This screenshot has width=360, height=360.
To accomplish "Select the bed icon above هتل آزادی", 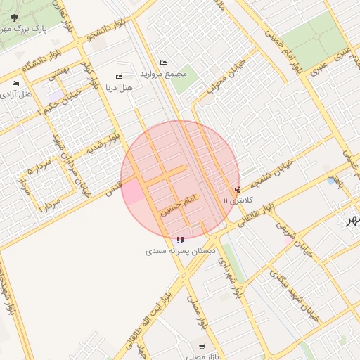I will pyautogui.click(x=16, y=84).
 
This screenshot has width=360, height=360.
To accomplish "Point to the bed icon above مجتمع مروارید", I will pyautogui.click(x=164, y=63).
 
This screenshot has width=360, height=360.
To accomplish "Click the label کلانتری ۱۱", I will pyautogui.click(x=236, y=200).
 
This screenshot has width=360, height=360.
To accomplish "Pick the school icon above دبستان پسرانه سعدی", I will pyautogui.click(x=181, y=240).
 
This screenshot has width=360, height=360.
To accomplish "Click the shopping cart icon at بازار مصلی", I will pyautogui.click(x=202, y=347).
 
